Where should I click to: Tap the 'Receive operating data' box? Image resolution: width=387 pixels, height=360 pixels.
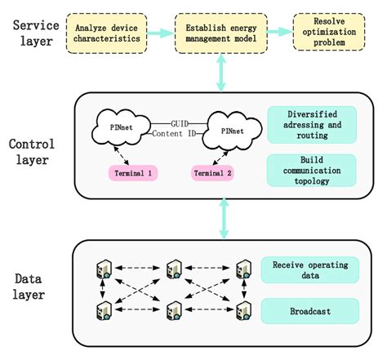click(309, 267)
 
